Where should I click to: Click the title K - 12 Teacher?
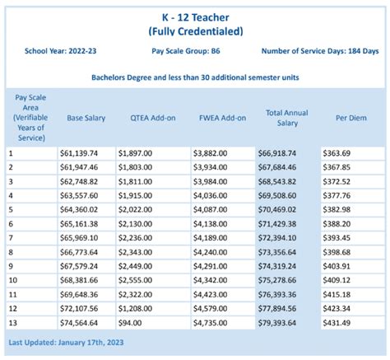click(194, 16)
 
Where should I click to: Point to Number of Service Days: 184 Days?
click(320, 50)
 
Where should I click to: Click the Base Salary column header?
click(86, 117)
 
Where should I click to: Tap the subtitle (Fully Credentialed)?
click(194, 30)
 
